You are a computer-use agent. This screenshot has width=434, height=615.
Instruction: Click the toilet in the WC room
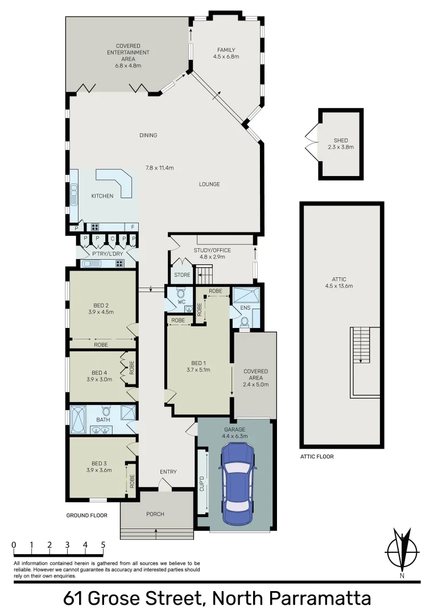coord(181,294)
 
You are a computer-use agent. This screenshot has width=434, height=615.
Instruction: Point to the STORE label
coord(182,275)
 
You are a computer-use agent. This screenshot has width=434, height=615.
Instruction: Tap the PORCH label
coord(155,514)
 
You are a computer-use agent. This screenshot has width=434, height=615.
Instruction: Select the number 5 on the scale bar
coord(103,545)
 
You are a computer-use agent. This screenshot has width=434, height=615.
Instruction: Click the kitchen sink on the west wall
coord(73,196)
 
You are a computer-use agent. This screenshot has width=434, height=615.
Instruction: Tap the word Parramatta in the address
coord(319,599)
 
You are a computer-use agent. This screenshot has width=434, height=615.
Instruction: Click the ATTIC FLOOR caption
coord(316,457)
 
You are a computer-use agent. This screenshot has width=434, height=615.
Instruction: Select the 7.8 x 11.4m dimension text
coord(159,167)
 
